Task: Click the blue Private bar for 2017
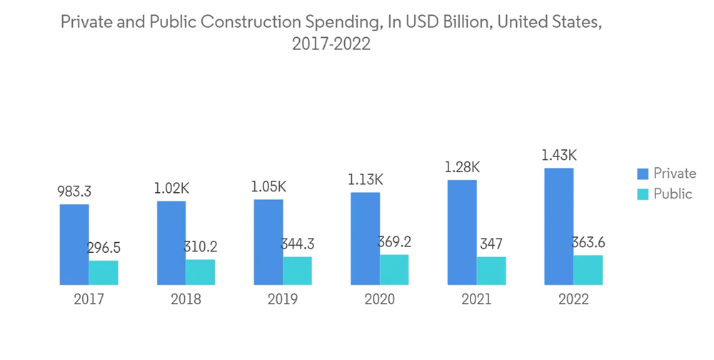[x=74, y=244]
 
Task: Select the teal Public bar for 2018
[x=201, y=271]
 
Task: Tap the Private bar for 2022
[x=559, y=226]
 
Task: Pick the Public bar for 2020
[x=394, y=269]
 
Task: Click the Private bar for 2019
[x=268, y=241]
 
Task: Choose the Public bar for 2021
[x=491, y=271]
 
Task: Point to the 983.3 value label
[x=74, y=191]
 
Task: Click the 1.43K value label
[x=559, y=155]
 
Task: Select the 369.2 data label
[x=394, y=242]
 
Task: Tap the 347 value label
[x=491, y=244]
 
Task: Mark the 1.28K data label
[x=462, y=167]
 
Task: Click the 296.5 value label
[x=104, y=248]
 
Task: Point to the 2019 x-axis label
[x=282, y=299]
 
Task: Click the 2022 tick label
[x=573, y=299]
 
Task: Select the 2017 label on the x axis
[x=89, y=299]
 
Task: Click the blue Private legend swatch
[x=643, y=174]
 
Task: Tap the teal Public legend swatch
[x=643, y=194]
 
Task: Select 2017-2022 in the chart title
[x=331, y=44]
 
